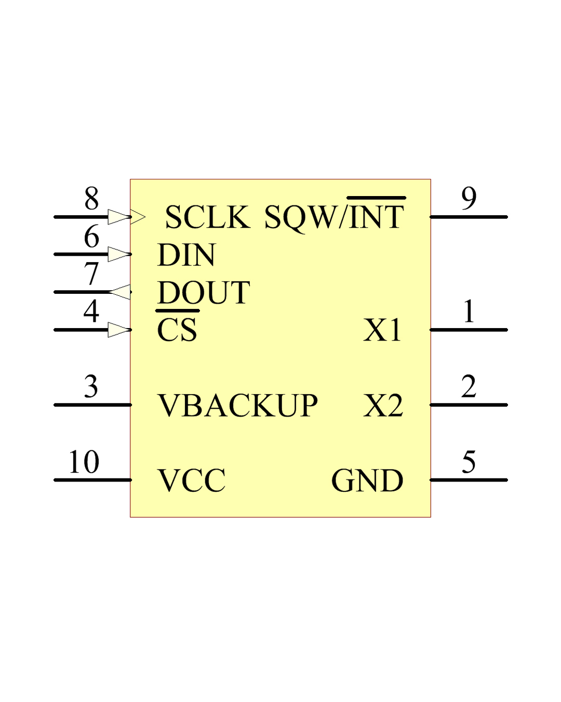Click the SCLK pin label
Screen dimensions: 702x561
pos(207,217)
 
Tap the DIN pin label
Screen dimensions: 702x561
pos(186,255)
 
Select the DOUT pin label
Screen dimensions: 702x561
pos(204,292)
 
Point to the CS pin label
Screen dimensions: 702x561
pos(177,330)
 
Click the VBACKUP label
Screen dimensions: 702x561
pos(237,405)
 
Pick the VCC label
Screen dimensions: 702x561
pos(192,480)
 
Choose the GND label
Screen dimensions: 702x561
pos(367,480)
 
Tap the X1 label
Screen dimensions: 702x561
pos(383,330)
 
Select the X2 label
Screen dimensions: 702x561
pos(383,405)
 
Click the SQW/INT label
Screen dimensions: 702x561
pos(334,217)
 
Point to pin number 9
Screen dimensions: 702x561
pos(469,198)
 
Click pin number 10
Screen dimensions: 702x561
pos(84,462)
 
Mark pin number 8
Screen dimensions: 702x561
pos(91,198)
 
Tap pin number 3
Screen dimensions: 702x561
pos(91,386)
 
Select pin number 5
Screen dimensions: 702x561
pos(469,462)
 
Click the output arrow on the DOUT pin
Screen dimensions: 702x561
pos(121,292)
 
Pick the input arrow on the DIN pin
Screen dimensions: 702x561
pos(119,254)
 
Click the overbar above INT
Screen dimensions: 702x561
pos(376,198)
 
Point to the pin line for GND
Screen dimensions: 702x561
pos(469,480)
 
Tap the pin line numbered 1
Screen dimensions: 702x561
pos(469,330)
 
